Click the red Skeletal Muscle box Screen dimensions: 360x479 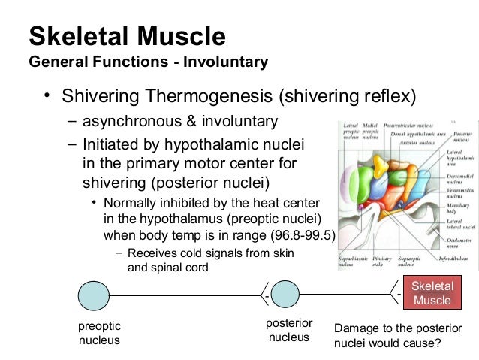coord(432,293)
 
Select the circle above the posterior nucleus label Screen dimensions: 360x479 coord(285,293)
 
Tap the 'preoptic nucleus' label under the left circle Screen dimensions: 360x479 coord(99,334)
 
